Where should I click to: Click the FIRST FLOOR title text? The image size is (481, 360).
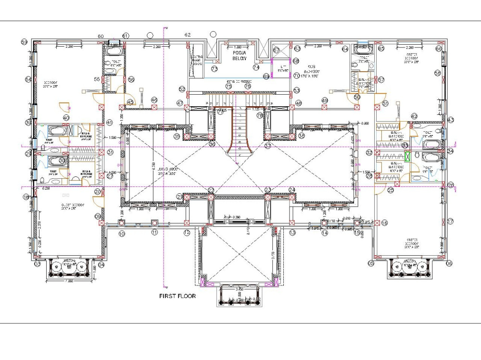point(177,296)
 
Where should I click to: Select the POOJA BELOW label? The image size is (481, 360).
point(239,55)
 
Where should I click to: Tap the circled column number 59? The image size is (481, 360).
point(24,42)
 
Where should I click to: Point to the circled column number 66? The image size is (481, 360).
point(439,49)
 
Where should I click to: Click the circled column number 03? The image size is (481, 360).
point(37,264)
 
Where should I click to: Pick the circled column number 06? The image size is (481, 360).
point(449,263)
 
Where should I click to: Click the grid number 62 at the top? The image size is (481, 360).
point(188,35)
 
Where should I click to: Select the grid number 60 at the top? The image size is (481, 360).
point(101,37)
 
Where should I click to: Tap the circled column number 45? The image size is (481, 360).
point(130,102)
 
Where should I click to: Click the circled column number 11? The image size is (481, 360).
point(154,232)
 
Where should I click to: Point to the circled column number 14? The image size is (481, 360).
point(325,233)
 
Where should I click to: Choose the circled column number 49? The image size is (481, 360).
point(325,100)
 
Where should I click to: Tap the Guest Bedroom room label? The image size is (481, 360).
point(73,207)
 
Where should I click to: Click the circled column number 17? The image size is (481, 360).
point(450,222)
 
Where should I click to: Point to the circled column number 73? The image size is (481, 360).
point(215,70)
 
